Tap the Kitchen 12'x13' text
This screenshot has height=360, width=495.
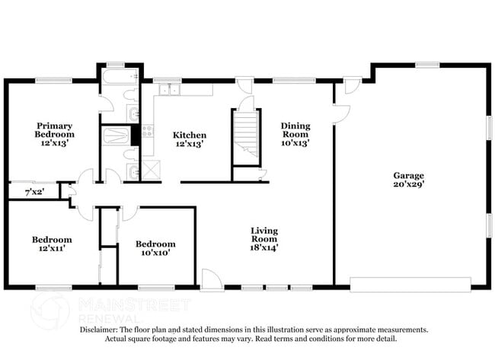190,140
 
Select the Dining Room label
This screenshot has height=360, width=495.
295,134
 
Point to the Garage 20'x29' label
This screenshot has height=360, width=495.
408,180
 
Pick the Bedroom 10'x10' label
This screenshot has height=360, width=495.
155,249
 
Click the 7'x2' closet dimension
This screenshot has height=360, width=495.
34,192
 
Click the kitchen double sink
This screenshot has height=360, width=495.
169,91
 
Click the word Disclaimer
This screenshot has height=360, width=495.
102,330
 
